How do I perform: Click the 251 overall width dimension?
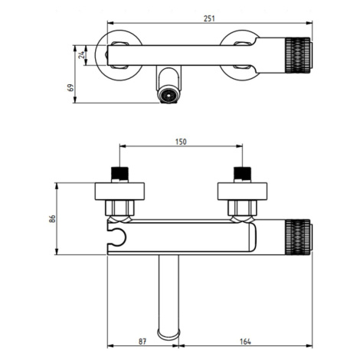tap(209, 18)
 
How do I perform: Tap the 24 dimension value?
tap(81, 55)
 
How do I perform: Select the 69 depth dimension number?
tap(70, 87)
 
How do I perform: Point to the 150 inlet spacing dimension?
tap(181, 142)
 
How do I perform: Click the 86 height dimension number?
tap(52, 218)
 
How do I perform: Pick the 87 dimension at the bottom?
tap(142, 342)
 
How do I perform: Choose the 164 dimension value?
tap(245, 342)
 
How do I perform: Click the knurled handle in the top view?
tap(298, 55)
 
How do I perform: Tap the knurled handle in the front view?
tap(298, 237)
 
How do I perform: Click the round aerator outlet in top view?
tap(169, 95)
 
